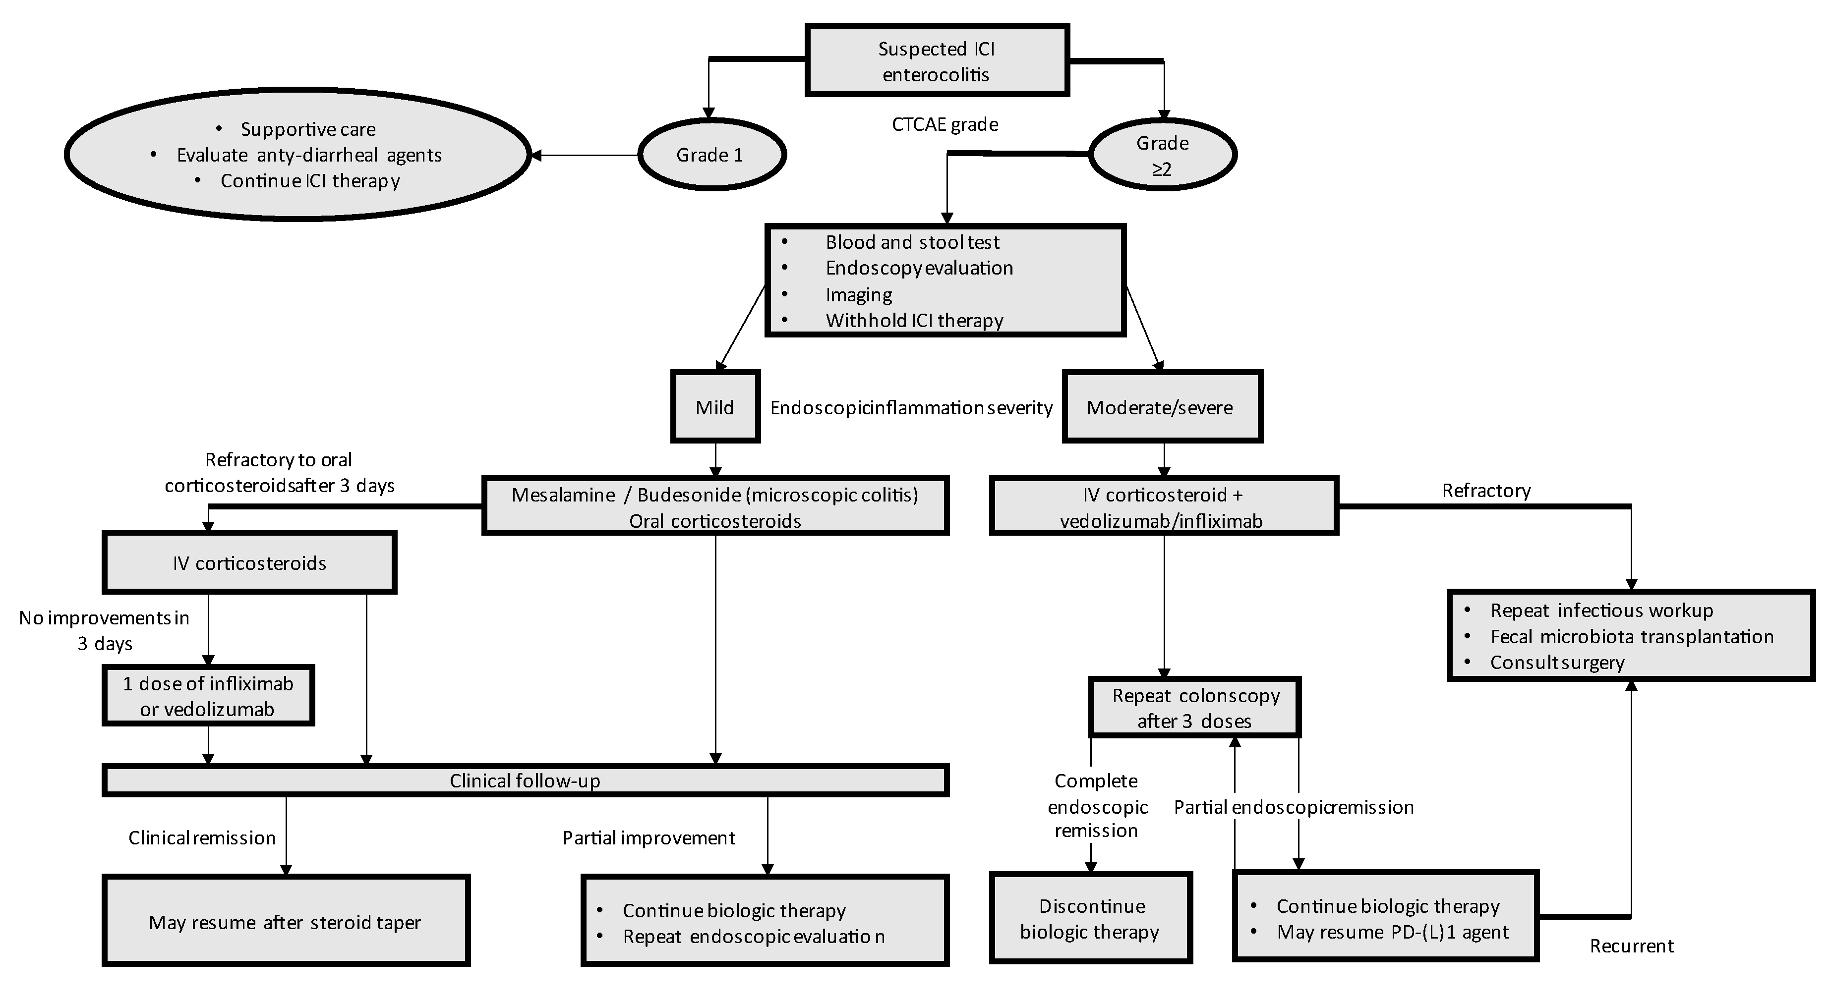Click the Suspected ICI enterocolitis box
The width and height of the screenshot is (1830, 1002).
(x=936, y=61)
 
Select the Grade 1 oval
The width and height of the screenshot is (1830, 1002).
(x=711, y=155)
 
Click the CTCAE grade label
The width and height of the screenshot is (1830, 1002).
(x=945, y=125)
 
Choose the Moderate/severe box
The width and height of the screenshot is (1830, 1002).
(x=1162, y=407)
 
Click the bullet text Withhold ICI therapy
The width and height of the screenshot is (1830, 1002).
(x=914, y=320)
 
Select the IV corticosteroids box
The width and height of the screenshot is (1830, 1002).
(x=249, y=563)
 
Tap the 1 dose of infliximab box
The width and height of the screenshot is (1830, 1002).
(x=208, y=696)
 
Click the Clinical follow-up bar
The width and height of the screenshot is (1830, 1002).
(x=525, y=781)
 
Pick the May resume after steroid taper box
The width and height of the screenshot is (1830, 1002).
(x=286, y=922)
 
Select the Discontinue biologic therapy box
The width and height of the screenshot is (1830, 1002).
(x=1090, y=918)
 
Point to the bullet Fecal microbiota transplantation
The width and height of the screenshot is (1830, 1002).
(x=1631, y=636)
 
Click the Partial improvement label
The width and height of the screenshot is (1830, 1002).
(x=649, y=838)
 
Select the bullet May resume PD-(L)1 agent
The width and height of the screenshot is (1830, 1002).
(x=1392, y=932)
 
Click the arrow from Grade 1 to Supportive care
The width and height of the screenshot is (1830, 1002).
(x=584, y=155)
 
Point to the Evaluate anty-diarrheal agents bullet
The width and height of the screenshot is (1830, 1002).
(x=309, y=155)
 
